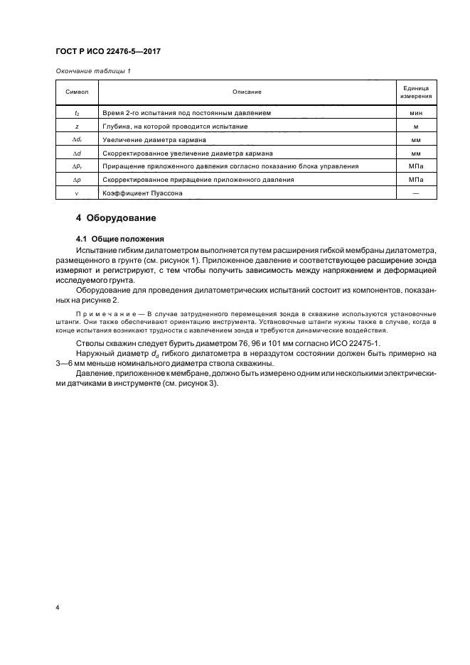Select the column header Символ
pyautogui.click(x=76, y=92)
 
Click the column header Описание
pyautogui.click(x=246, y=92)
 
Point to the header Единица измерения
pyautogui.click(x=416, y=92)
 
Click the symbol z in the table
pyautogui.click(x=76, y=126)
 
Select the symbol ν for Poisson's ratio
pyautogui.click(x=76, y=193)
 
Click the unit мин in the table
pyautogui.click(x=416, y=113)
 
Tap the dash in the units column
pyautogui.click(x=416, y=193)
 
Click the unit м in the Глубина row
pyautogui.click(x=416, y=126)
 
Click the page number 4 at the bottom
pyautogui.click(x=56, y=608)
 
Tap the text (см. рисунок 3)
pyautogui.click(x=191, y=384)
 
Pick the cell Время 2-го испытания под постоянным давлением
pyautogui.click(x=186, y=113)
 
